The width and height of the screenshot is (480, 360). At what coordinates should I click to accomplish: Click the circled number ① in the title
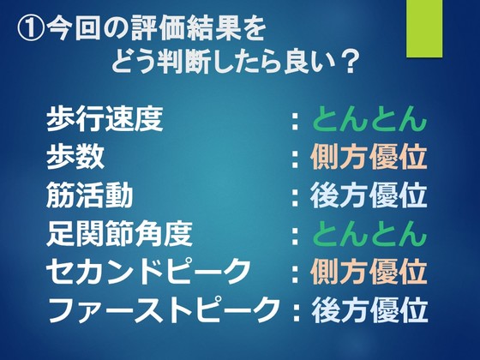click(x=31, y=30)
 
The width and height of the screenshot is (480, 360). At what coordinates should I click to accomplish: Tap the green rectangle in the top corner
click(x=424, y=28)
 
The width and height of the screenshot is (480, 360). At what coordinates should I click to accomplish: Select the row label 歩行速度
click(x=105, y=119)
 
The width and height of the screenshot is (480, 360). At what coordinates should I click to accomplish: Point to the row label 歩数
click(x=75, y=157)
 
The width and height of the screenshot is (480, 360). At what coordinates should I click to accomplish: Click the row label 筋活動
click(x=90, y=195)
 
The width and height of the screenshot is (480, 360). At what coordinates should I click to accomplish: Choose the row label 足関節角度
click(x=119, y=233)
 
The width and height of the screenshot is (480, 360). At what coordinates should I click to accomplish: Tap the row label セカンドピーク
click(x=147, y=272)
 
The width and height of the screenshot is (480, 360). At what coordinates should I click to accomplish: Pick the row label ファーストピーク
click(x=163, y=309)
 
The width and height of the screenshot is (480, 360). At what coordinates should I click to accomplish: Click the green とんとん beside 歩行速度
click(x=369, y=119)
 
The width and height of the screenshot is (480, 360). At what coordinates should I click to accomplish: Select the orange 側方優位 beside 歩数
click(x=369, y=157)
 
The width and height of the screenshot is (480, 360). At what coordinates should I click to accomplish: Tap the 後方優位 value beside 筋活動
click(x=369, y=195)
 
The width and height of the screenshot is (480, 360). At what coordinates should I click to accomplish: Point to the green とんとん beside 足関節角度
click(x=369, y=233)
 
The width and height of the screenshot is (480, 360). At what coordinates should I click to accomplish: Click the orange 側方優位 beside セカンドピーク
click(x=369, y=272)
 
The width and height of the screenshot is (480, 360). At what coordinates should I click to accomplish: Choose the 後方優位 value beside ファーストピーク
click(x=369, y=309)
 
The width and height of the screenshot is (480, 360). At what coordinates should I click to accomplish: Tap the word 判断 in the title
click(x=183, y=63)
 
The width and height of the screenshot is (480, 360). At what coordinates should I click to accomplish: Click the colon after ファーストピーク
click(x=296, y=312)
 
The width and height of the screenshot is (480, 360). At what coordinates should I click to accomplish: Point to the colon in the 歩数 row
click(x=295, y=159)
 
